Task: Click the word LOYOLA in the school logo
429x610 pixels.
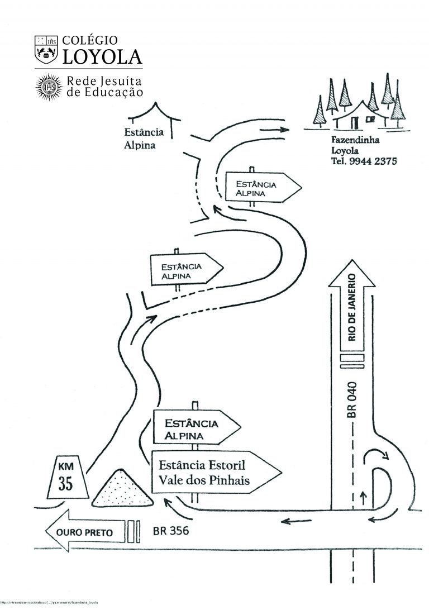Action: (102, 56)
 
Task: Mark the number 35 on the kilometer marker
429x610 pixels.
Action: (66, 484)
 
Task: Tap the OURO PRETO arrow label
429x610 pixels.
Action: (84, 532)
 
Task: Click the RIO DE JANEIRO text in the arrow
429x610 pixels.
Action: (352, 307)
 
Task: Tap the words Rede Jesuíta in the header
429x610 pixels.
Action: (104, 81)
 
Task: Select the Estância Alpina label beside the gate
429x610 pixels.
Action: (144, 139)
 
